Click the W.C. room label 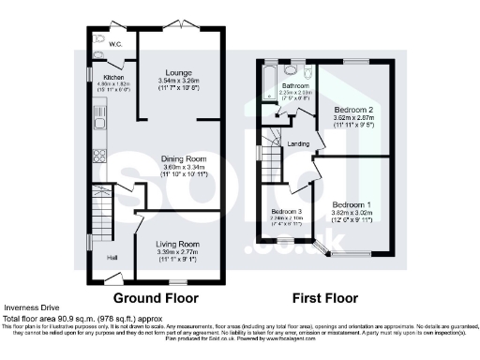[115, 44]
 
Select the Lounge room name [179, 72]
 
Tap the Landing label [299, 143]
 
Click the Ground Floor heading [162, 299]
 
